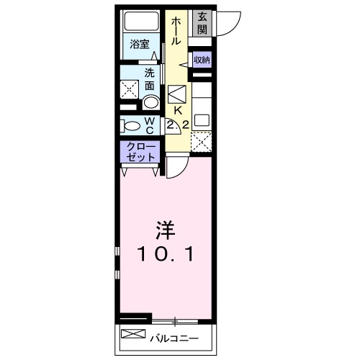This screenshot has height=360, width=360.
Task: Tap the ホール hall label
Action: tap(176, 32)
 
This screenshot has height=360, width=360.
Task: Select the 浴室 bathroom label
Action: tap(140, 44)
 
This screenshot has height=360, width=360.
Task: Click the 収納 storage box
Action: tap(202, 60)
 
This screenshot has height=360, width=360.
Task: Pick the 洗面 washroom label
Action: tap(150, 78)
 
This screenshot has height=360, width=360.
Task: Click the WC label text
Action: tap(149, 125)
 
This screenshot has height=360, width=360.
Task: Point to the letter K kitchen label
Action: tap(177, 111)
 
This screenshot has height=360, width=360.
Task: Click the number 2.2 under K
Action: tap(177, 125)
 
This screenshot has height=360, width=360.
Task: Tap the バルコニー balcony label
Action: tap(174, 336)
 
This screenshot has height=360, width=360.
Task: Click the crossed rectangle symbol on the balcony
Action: tap(134, 335)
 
